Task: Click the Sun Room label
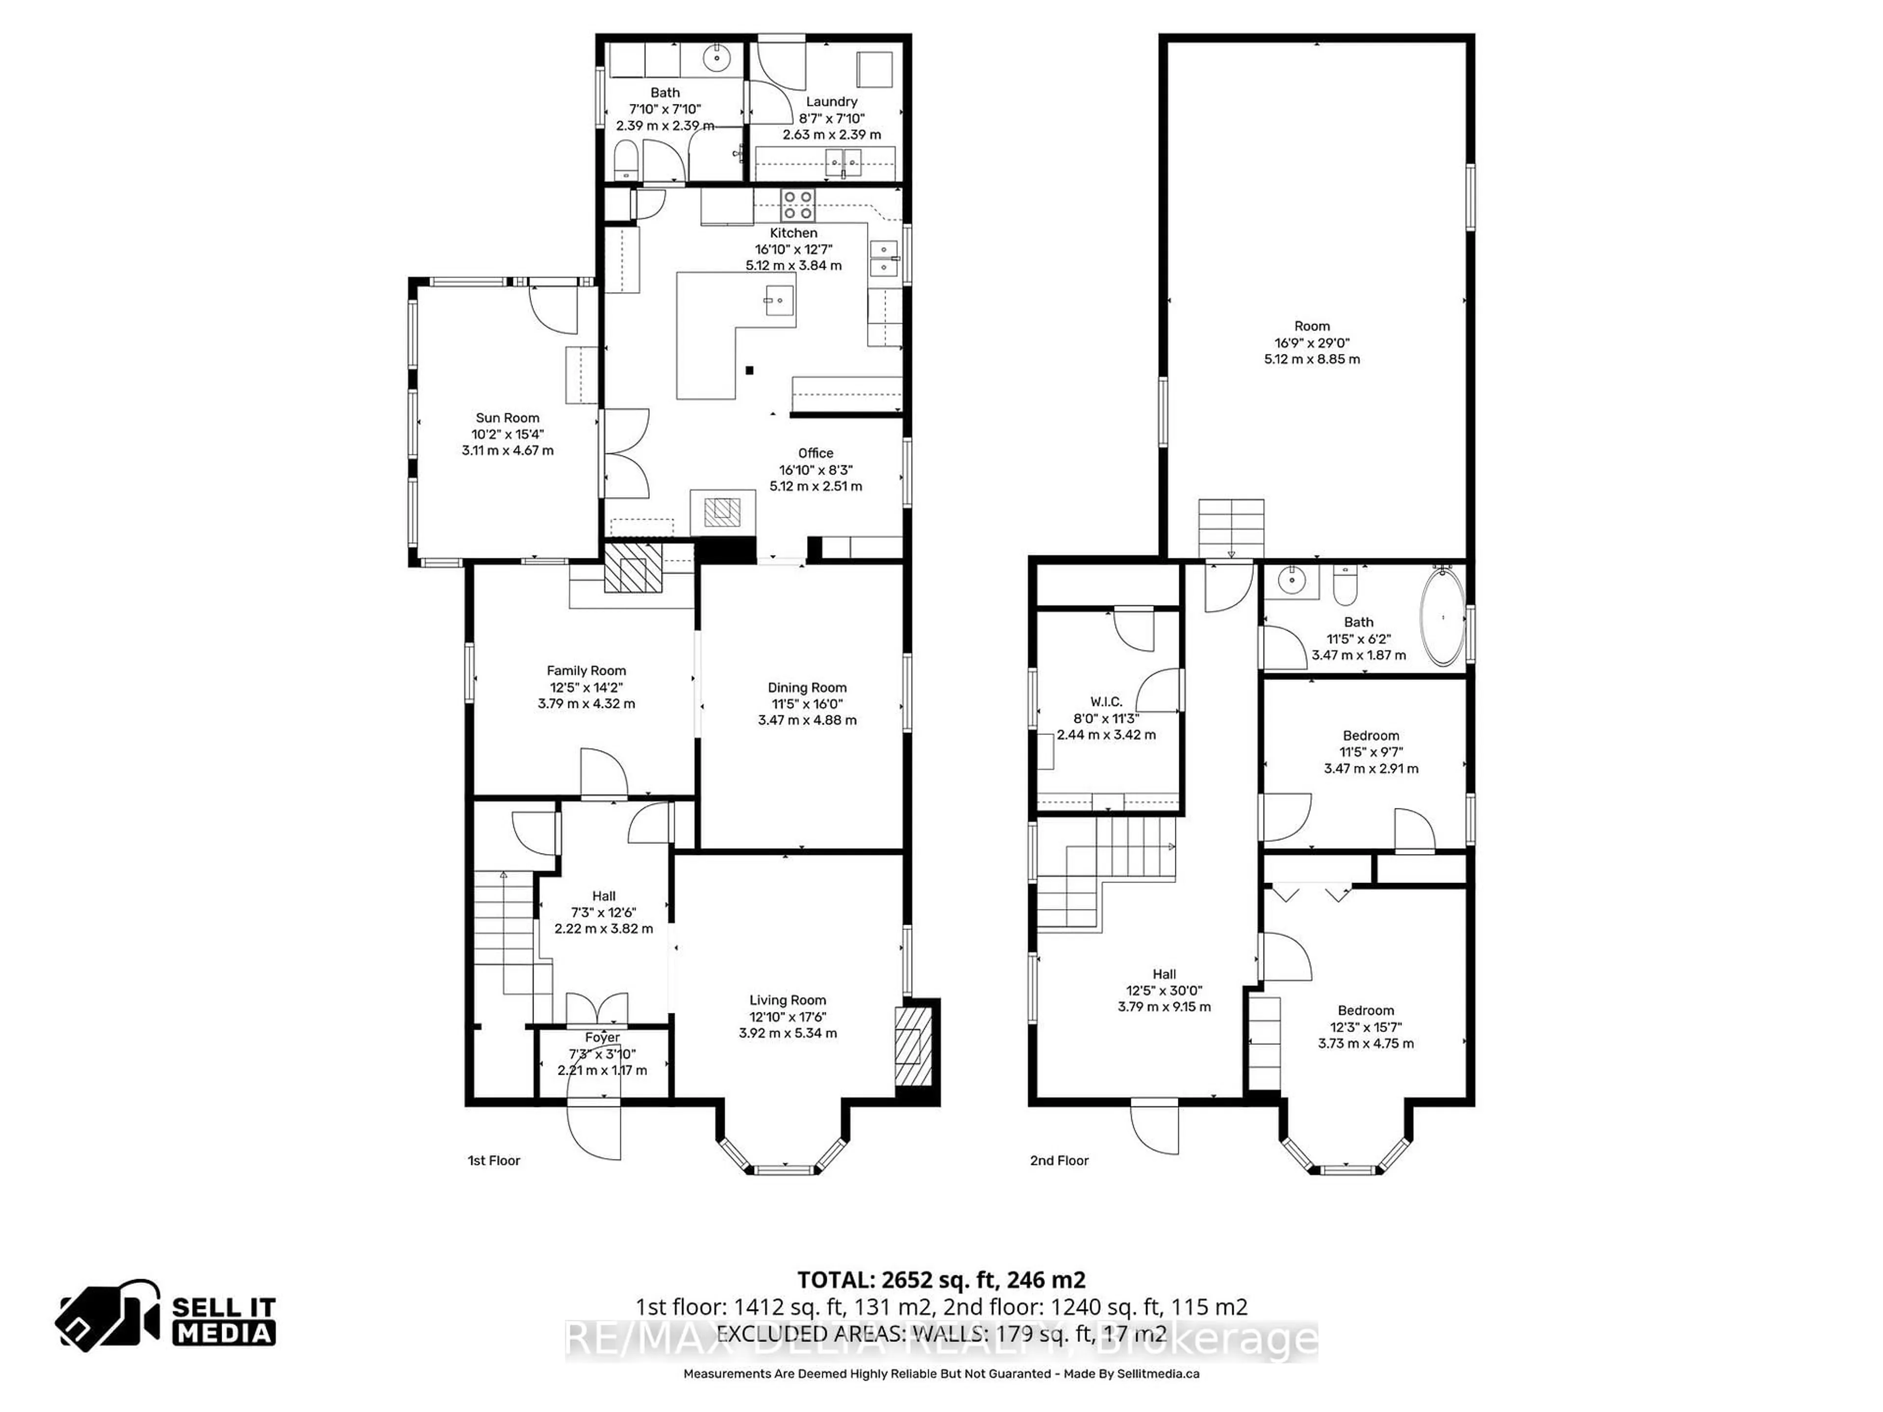508,418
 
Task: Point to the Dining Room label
807,688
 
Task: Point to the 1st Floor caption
494,1160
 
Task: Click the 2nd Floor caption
1059,1160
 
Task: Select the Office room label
815,454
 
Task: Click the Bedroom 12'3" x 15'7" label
1366,1010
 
